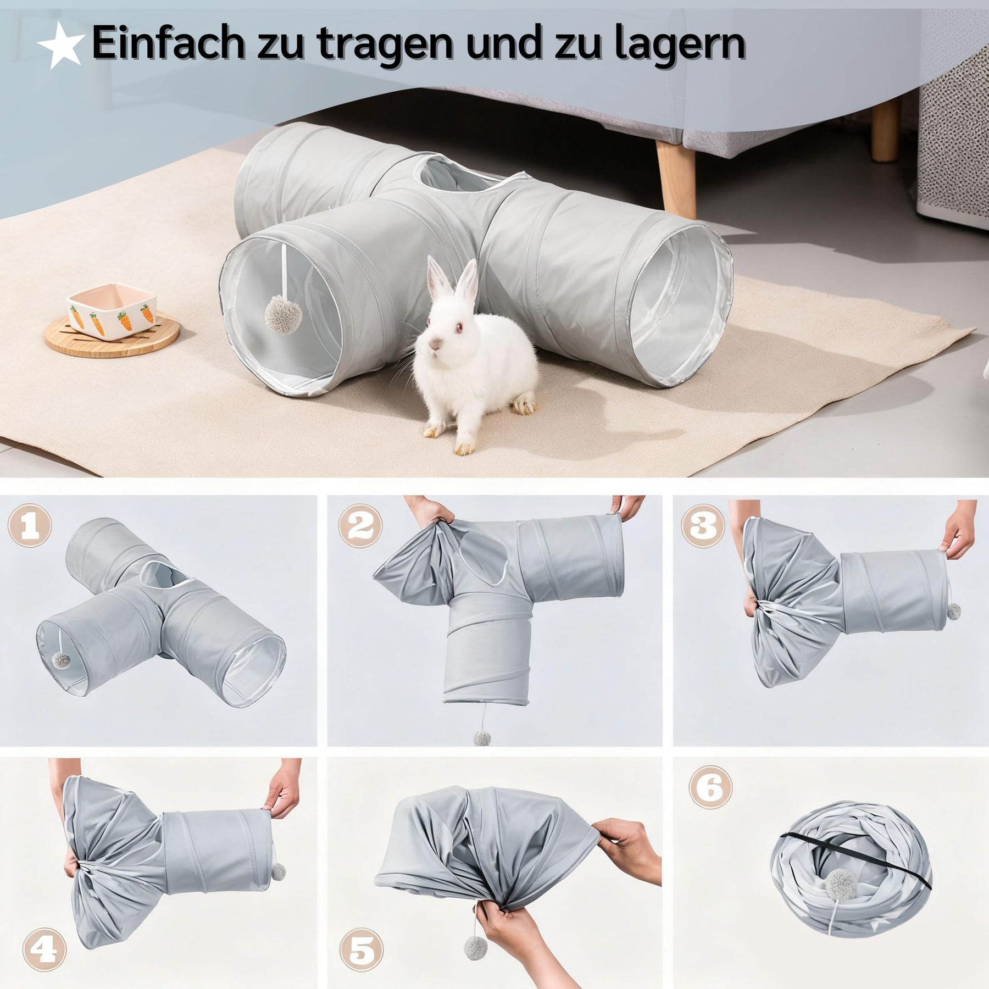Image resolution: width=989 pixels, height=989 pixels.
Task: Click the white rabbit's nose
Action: point(436,343)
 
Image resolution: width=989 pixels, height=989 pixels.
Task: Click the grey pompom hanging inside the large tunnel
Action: point(278,314)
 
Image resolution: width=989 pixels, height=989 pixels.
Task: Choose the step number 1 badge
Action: point(30,526)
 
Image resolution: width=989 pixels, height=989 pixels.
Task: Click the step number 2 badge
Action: point(360,526)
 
